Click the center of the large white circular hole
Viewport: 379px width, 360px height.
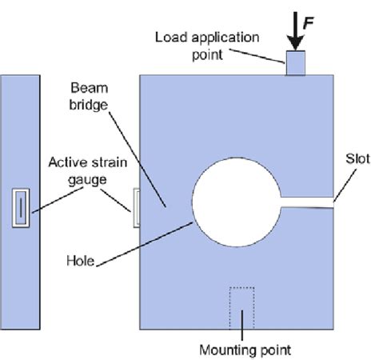coord(236,200)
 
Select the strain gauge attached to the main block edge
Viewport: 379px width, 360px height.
coord(136,208)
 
